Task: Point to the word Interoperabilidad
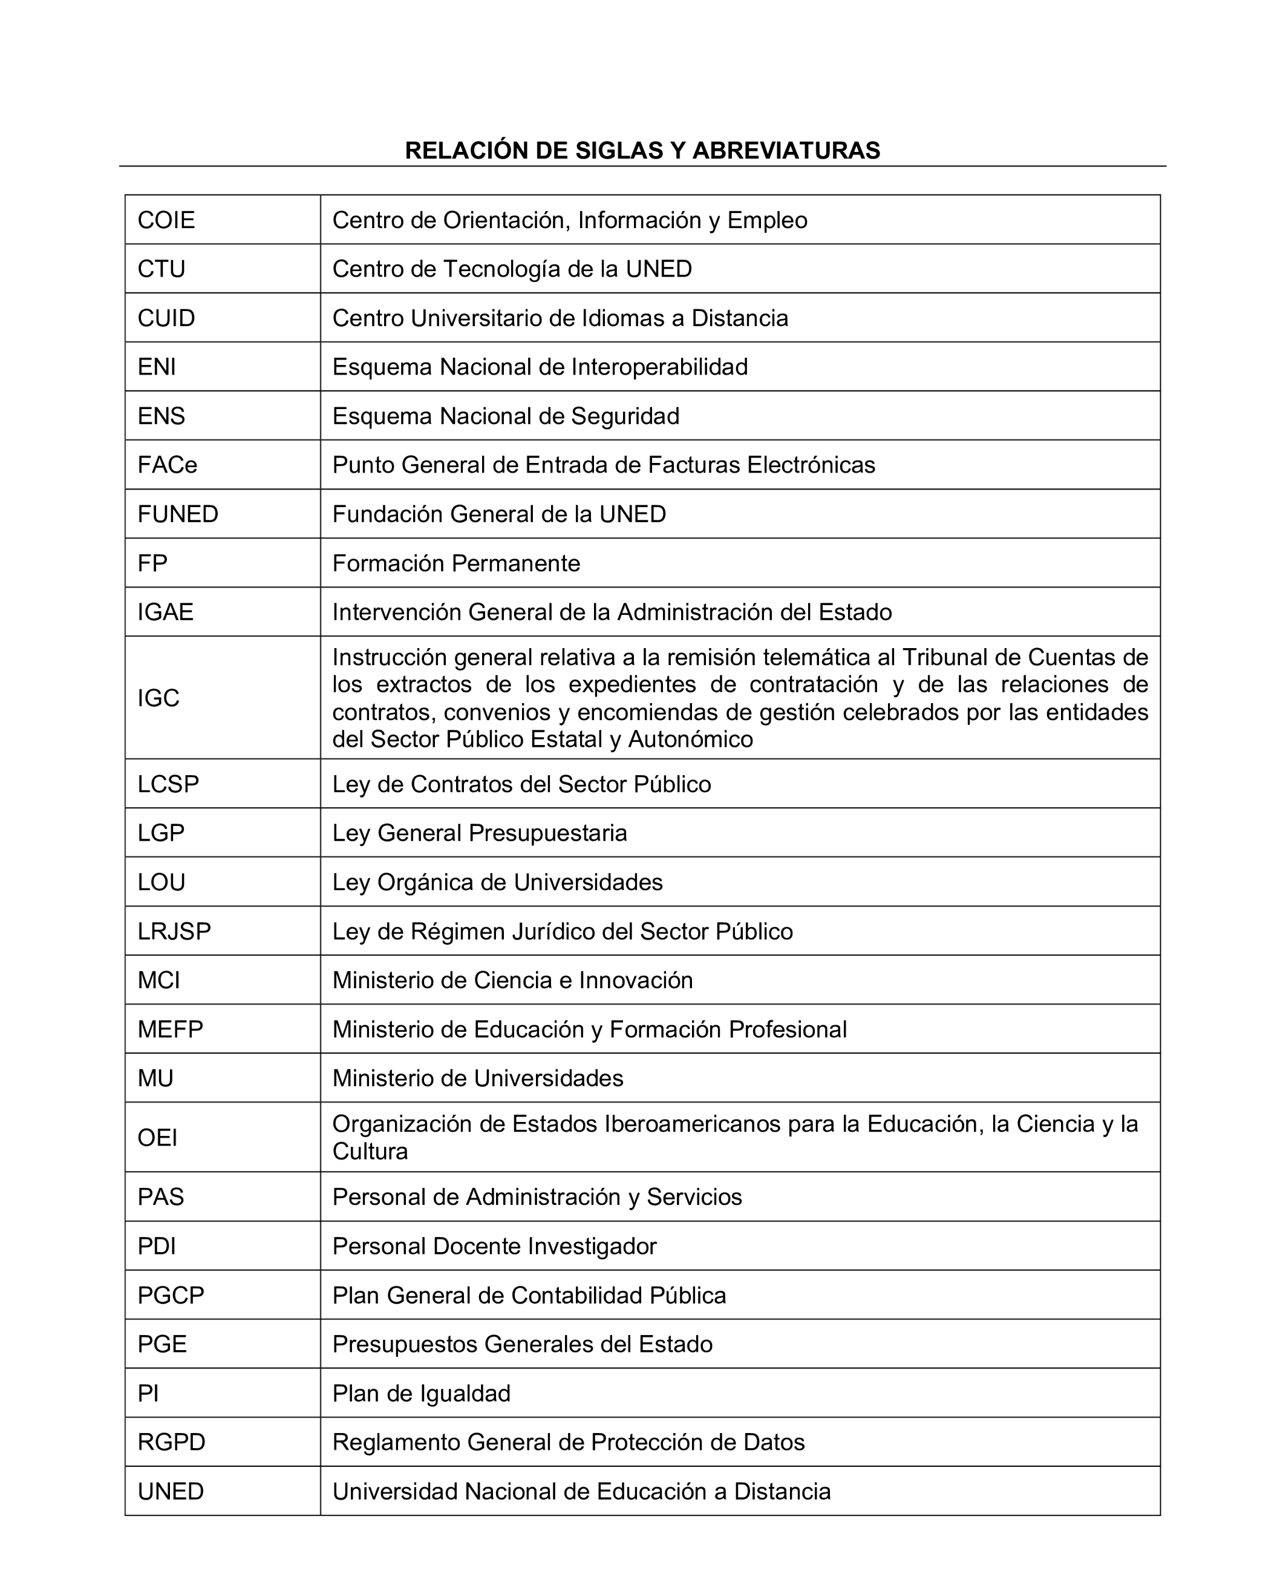click(x=659, y=367)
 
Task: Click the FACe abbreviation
click(x=168, y=465)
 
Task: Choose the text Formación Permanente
click(x=455, y=563)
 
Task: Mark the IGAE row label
click(x=165, y=612)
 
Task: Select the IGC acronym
click(x=158, y=698)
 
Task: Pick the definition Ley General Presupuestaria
click(x=479, y=833)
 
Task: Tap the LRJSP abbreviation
click(x=174, y=931)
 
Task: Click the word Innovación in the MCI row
click(x=636, y=980)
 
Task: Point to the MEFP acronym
click(x=171, y=1029)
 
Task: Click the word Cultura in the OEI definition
click(x=370, y=1152)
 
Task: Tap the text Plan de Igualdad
click(x=421, y=1394)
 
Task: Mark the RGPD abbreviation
click(x=171, y=1443)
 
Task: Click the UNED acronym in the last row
click(x=171, y=1492)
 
